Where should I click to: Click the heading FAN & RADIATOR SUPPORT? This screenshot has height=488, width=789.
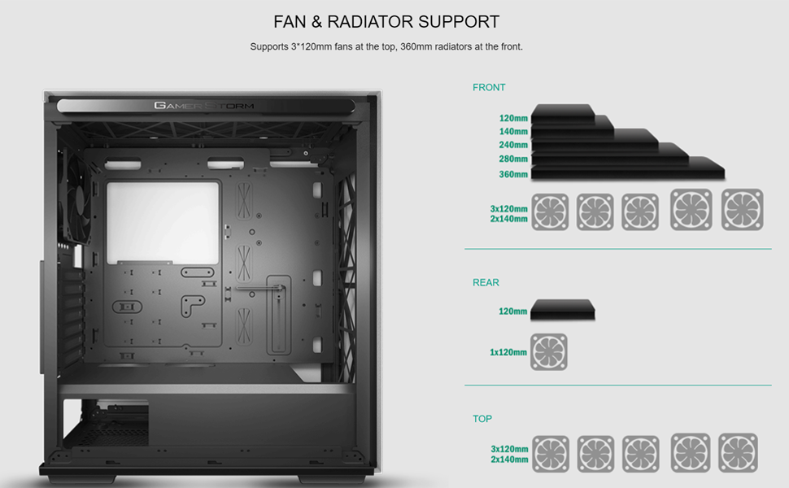point(386,22)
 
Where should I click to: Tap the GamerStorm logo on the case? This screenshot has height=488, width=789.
point(203,106)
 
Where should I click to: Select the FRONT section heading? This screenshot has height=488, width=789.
point(489,87)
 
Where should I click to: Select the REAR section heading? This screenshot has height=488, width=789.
point(486,282)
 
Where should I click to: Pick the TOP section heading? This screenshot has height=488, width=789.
point(482,419)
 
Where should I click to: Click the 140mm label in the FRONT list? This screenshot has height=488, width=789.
point(513,132)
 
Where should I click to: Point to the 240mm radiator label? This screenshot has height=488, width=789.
point(513,146)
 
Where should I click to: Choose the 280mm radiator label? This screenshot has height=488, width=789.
point(513,159)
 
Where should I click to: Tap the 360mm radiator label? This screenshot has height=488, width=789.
point(513,174)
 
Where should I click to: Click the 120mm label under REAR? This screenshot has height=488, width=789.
point(513,312)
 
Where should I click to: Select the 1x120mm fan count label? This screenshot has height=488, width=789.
point(508,353)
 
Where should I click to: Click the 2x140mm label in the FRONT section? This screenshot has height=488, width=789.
point(508,220)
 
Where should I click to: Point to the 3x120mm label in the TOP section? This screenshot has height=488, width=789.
point(509,449)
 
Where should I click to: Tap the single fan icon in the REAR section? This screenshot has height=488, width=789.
point(549,352)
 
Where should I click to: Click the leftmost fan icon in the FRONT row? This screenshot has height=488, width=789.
point(550,211)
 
